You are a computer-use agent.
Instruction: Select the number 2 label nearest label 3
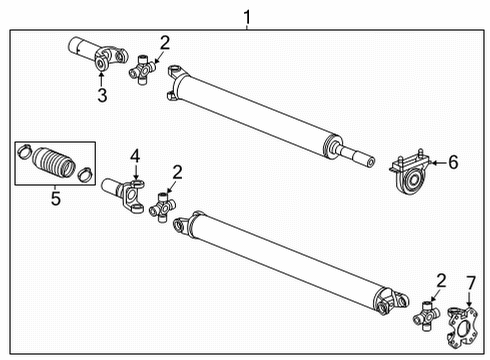164,42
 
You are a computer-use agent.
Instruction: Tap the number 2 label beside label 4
176,172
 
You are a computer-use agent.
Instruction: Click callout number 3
101,95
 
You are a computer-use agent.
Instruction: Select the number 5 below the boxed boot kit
55,200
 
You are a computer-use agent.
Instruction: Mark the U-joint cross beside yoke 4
161,208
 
